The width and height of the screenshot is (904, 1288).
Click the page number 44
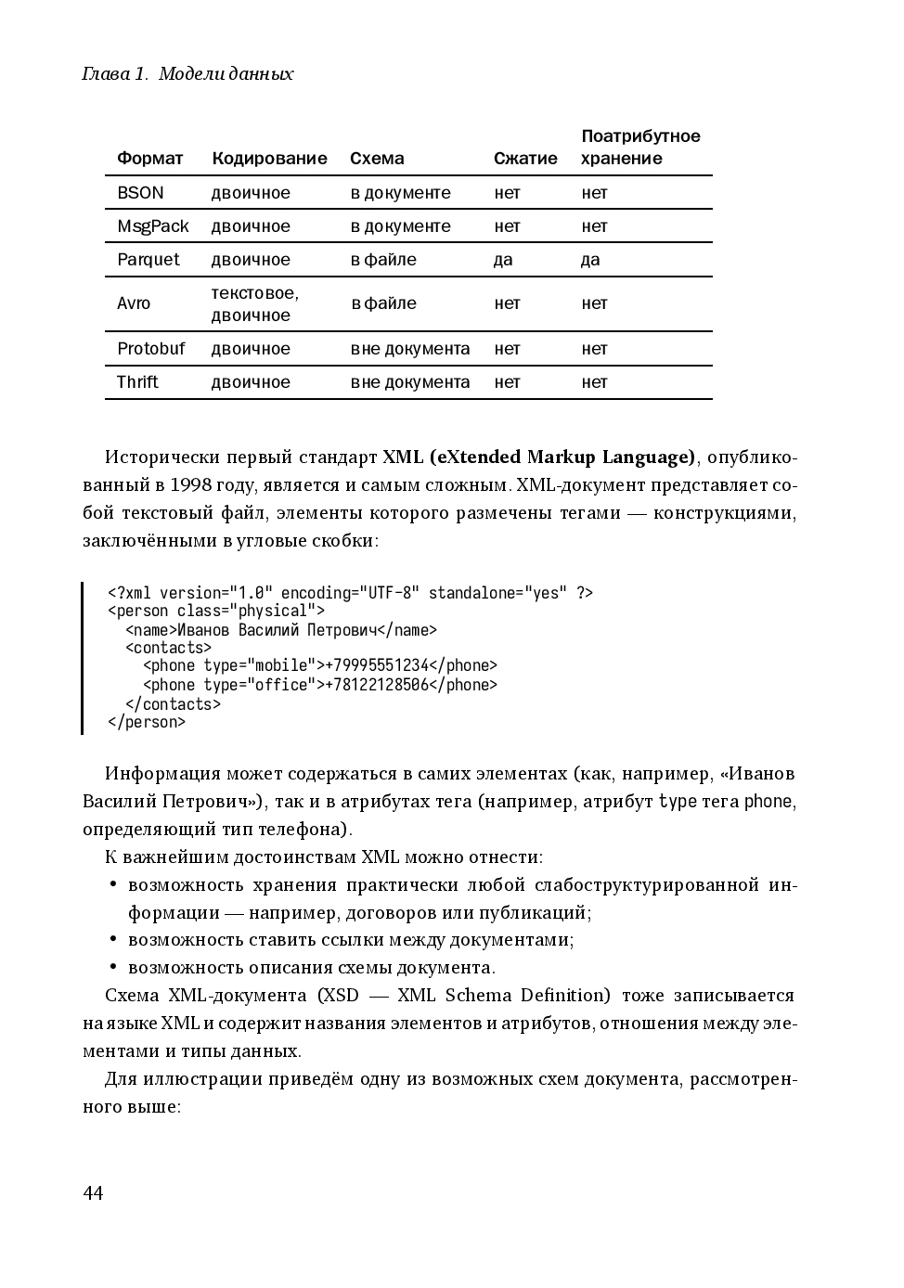coord(93,1193)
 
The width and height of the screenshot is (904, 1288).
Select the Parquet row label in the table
coord(148,260)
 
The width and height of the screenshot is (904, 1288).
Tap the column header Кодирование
coord(269,159)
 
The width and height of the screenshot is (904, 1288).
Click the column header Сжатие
coord(525,159)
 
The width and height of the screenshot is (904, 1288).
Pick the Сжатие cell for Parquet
coord(503,260)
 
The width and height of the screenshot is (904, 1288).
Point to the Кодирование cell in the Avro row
coord(254,304)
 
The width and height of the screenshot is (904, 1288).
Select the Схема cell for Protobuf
coord(409,349)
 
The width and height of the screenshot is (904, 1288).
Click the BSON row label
coord(140,193)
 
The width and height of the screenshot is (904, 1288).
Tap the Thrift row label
coord(137,382)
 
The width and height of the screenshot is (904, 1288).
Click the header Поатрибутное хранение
coord(640,148)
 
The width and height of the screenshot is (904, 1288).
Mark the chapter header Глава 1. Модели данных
coord(187,74)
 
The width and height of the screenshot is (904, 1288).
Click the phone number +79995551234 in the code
coord(377,666)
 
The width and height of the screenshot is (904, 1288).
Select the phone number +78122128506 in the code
coord(377,685)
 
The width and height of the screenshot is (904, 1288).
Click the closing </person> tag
coord(147,722)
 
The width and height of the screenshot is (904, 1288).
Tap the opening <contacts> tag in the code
coord(168,648)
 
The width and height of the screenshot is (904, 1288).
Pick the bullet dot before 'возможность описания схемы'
coord(112,967)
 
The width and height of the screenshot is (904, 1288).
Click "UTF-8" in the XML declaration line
coord(390,593)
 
